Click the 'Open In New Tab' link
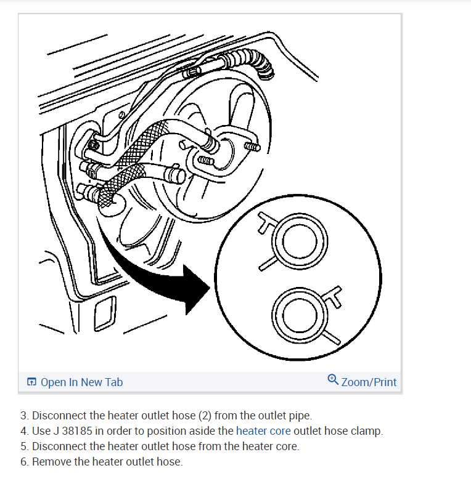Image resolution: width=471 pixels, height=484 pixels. [81, 382]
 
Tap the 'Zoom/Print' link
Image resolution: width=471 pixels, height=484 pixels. [369, 382]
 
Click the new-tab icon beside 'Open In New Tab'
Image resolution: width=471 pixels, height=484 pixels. [32, 382]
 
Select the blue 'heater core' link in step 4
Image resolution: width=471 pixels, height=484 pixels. [263, 431]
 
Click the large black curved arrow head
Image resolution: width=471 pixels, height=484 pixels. [196, 289]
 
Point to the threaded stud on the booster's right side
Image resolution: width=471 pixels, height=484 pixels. [252, 147]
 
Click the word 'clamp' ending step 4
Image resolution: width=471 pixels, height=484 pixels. [369, 431]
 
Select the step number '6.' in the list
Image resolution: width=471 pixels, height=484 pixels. [24, 462]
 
